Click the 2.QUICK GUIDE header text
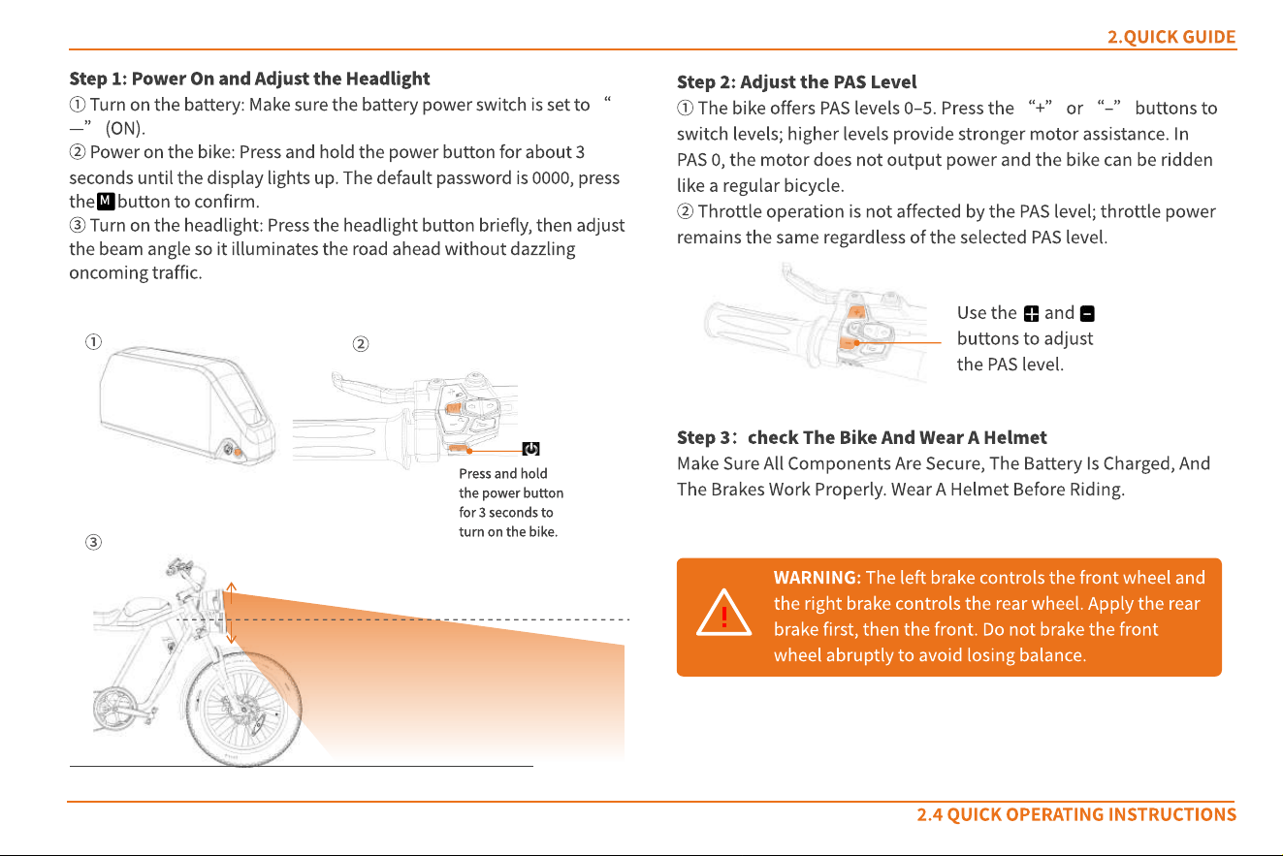click(x=1171, y=37)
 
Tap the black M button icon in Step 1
click(x=106, y=201)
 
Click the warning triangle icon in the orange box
click(x=724, y=613)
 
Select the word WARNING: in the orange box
click(x=818, y=577)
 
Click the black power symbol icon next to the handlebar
click(x=531, y=449)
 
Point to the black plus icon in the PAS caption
click(x=1031, y=314)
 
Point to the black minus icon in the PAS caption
click(x=1087, y=314)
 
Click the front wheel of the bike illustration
click(x=244, y=709)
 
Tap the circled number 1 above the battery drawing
click(x=93, y=342)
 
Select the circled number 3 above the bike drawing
click(x=93, y=542)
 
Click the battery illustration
click(x=187, y=405)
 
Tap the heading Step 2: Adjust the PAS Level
click(x=797, y=81)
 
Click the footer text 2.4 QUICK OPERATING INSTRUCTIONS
click(x=1076, y=814)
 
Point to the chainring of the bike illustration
click(x=114, y=709)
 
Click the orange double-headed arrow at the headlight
click(x=231, y=613)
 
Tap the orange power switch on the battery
click(x=238, y=453)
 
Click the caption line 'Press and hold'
click(x=503, y=473)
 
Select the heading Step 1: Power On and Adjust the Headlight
click(x=249, y=79)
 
